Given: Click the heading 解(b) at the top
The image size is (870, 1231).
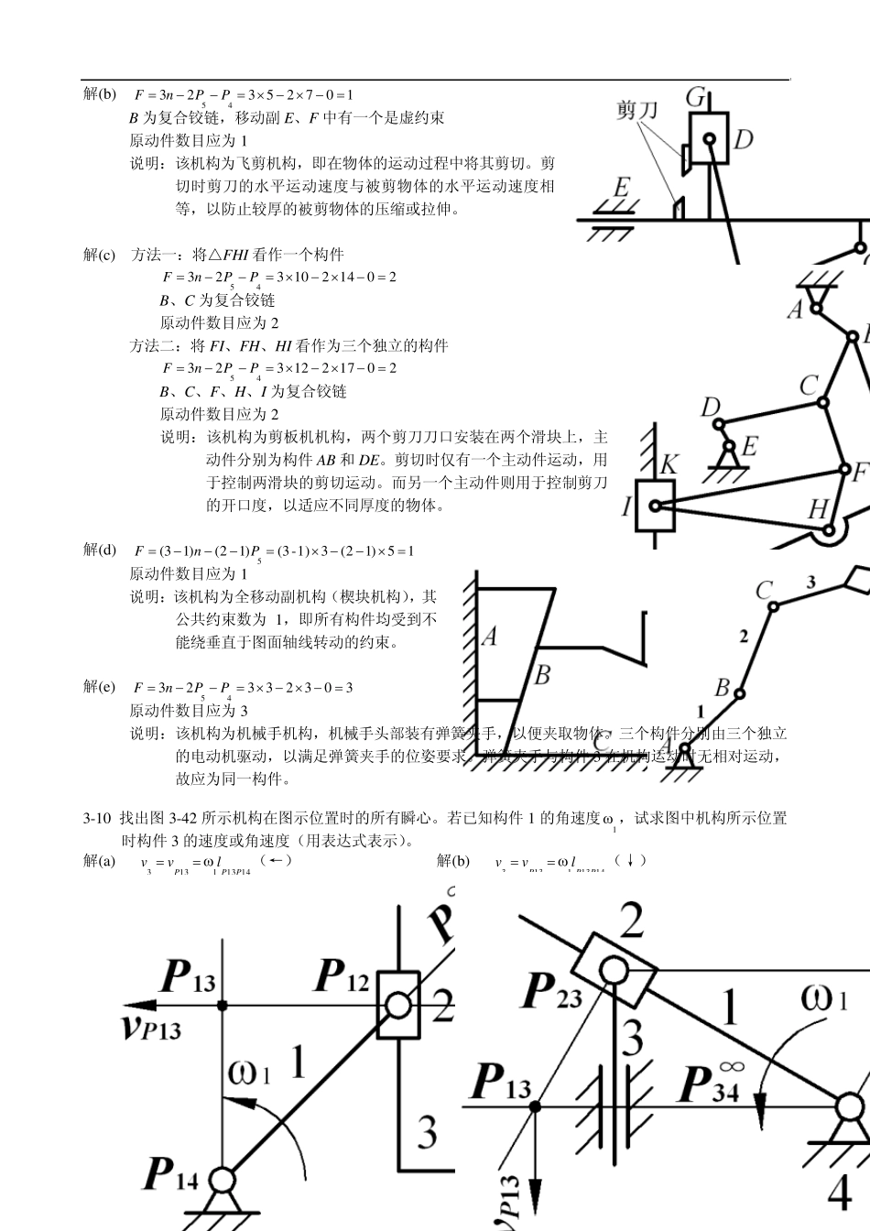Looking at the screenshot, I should point(100,94).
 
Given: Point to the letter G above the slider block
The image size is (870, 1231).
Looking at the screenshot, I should point(696,98).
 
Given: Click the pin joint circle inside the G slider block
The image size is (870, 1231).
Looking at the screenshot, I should point(709,140).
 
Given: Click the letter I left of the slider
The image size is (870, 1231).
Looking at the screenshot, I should point(627,506).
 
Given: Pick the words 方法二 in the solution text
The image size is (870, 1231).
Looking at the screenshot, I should point(153,345).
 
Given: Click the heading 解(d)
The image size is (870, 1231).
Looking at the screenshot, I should point(100,550).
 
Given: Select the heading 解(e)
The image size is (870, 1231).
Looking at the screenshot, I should point(100,687).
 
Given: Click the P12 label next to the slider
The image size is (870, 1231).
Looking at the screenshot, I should point(342,977).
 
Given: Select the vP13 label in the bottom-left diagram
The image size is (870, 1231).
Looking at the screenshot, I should point(151,1026).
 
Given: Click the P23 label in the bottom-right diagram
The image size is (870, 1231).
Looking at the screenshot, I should point(551,991).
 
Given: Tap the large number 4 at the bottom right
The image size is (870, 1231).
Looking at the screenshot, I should point(840,1192).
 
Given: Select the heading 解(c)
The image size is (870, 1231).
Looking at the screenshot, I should point(100,255).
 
